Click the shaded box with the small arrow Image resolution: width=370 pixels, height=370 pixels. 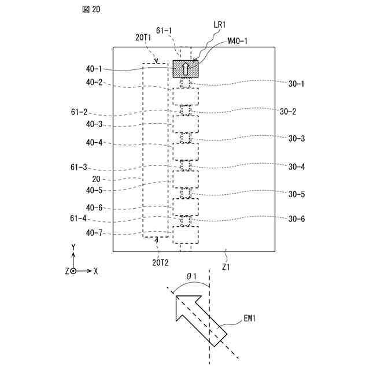click(186, 69)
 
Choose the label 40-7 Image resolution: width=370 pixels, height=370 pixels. click(95, 234)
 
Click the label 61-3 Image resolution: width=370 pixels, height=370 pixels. click(79, 167)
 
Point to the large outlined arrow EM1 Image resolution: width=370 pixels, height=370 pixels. click(197, 318)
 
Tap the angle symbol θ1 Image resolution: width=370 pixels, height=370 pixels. click(191, 277)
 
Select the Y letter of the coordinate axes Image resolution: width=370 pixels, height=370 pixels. click(73, 247)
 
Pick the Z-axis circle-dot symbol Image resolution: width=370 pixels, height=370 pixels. click(73, 271)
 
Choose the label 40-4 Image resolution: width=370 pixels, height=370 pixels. click(95, 142)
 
